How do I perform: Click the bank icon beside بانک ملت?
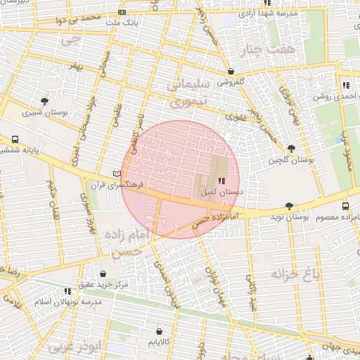[x=122, y=13]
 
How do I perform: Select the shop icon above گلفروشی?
[x=231, y=71]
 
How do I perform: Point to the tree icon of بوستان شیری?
[x=46, y=101]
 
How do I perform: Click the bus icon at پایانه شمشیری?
[x=15, y=139]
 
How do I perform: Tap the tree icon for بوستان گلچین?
[x=291, y=148]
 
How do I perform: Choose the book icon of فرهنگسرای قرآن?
[x=117, y=174]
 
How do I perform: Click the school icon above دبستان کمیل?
[x=213, y=181]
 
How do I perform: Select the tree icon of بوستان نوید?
[x=290, y=207]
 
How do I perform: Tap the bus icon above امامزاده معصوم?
[x=345, y=207]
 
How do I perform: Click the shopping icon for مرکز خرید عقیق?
[x=103, y=274]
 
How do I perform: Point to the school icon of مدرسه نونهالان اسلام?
[x=68, y=290]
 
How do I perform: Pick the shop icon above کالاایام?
[x=159, y=330]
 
